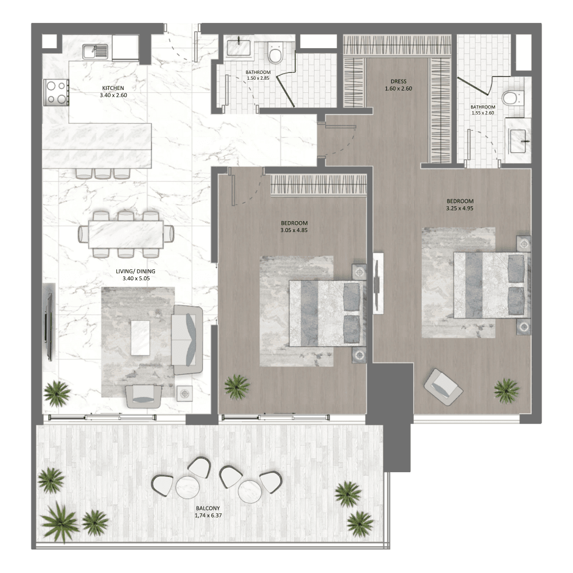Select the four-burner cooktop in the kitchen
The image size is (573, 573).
[x=56, y=92]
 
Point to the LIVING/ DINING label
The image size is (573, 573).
[x=139, y=272]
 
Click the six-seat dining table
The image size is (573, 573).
[x=126, y=234]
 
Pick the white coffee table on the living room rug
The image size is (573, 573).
[x=140, y=337]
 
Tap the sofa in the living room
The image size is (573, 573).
[x=187, y=339]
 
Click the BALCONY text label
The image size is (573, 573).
[x=207, y=508]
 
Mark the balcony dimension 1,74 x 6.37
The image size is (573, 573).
[x=207, y=515]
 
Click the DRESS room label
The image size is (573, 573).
[x=398, y=81]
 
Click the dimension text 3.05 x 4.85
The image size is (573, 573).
[x=294, y=230]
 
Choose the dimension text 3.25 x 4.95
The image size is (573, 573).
[x=460, y=208]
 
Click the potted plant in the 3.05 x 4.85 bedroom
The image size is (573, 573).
[x=237, y=387]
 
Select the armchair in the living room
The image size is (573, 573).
[x=143, y=395]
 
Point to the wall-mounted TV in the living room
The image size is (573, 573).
[x=48, y=327]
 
